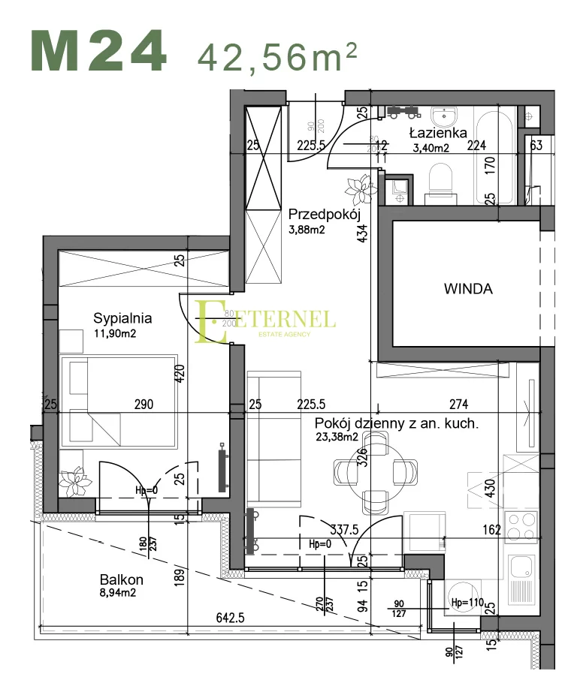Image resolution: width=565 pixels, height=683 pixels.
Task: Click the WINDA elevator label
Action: [x=467, y=288]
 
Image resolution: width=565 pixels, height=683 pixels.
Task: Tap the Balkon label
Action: [x=121, y=580]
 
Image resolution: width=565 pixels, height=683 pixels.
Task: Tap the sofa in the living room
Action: [x=272, y=435]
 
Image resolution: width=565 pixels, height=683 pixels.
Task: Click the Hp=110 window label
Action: [x=467, y=602]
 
